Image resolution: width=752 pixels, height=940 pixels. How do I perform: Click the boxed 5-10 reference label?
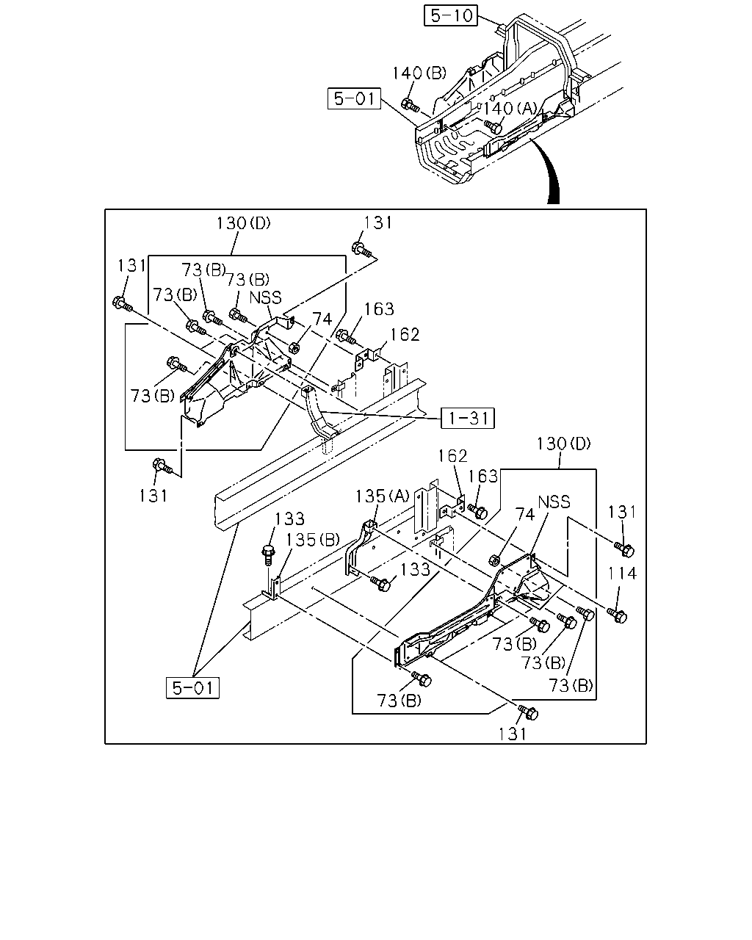[450, 15]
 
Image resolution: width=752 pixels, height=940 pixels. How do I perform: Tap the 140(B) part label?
[419, 73]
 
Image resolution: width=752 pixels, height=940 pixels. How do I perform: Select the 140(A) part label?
[510, 108]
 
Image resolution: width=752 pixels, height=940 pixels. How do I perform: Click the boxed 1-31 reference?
[468, 418]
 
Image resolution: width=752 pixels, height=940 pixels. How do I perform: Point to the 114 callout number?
[622, 573]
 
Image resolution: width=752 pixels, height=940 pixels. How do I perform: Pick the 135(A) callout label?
[382, 496]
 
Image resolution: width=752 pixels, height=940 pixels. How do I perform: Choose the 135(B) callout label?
[312, 540]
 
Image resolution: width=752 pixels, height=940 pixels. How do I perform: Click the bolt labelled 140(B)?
[410, 105]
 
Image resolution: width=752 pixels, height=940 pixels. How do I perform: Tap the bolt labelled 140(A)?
[493, 126]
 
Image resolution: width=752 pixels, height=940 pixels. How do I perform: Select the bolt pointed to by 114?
[617, 616]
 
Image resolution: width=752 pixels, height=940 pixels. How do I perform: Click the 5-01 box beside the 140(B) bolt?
[355, 98]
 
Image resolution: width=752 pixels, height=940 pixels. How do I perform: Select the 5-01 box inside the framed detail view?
[192, 688]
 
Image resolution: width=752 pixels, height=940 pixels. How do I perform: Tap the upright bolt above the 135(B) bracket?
[268, 554]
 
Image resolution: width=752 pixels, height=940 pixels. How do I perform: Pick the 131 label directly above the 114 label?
[622, 512]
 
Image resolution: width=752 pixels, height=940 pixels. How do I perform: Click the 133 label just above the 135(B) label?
[289, 519]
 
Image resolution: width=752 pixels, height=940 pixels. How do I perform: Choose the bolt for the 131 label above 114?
[624, 550]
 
